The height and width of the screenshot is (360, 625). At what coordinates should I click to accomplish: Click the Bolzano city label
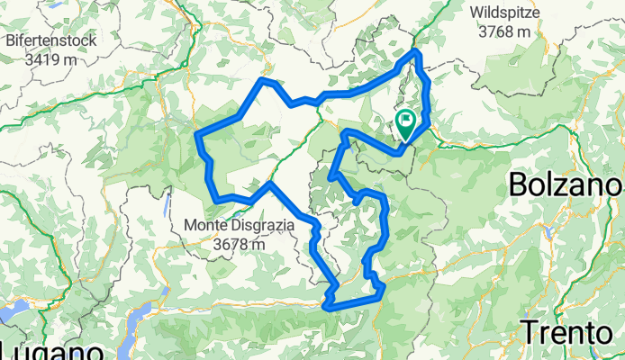click(566, 185)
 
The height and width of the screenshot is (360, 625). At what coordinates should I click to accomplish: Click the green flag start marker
click(407, 124)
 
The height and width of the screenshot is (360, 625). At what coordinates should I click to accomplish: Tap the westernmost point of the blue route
click(198, 136)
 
